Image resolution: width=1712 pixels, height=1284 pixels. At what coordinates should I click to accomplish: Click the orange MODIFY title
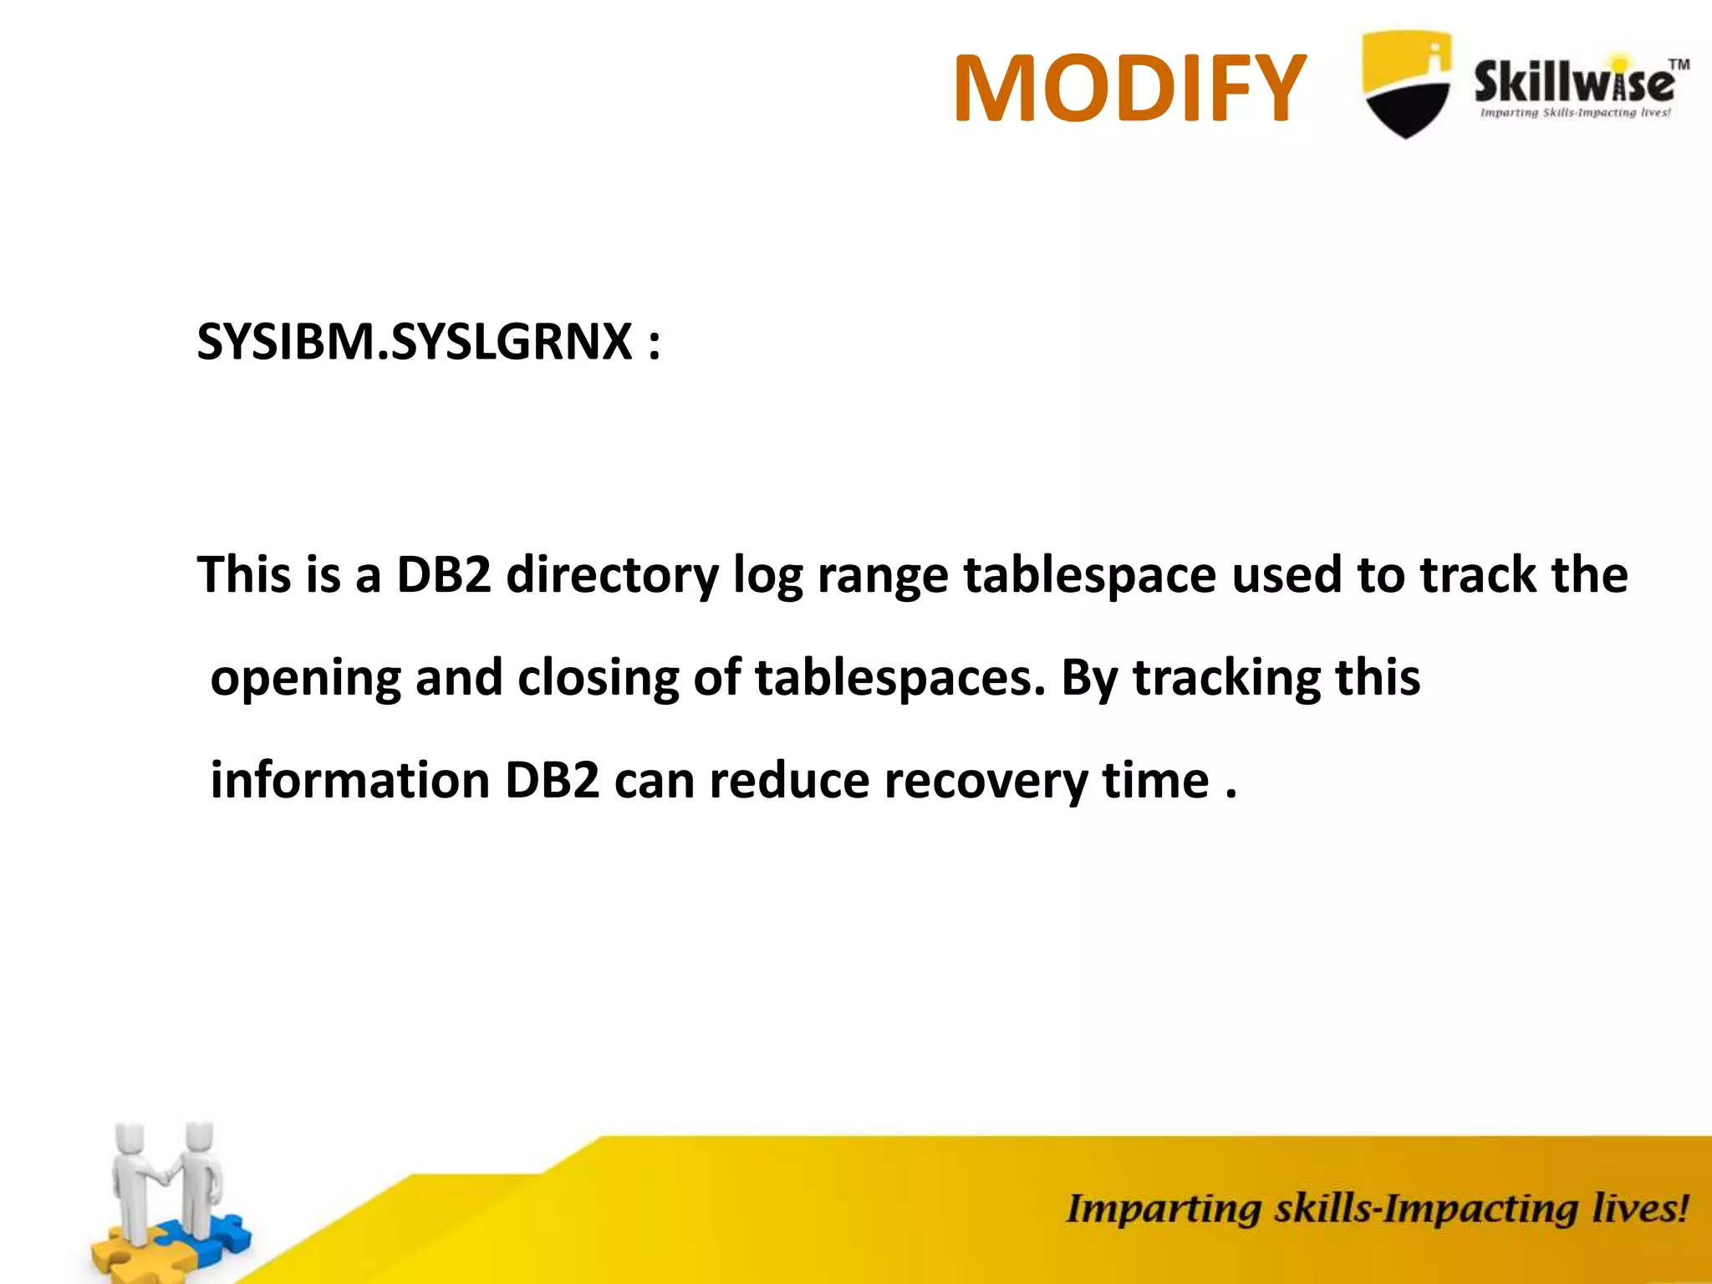coord(1129,88)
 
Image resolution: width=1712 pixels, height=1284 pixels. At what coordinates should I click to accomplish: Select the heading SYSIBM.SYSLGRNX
coord(415,342)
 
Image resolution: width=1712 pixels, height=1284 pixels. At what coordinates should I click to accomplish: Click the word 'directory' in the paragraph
coord(612,576)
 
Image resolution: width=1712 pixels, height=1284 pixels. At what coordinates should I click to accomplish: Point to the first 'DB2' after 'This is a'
coord(443,575)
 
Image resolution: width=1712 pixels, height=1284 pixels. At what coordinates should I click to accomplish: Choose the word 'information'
coord(349,781)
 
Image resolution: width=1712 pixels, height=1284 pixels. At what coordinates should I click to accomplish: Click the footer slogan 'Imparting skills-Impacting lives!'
coord(1376,1209)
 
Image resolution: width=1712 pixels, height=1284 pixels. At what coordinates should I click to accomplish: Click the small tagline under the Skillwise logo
coord(1575,113)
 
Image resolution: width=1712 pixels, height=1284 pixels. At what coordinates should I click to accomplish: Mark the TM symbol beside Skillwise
coord(1678,64)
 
